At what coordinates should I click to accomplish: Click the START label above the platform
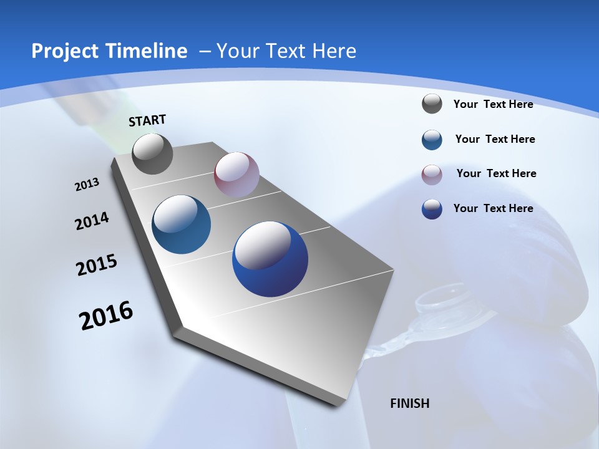pos(147,120)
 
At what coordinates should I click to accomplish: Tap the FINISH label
pos(410,403)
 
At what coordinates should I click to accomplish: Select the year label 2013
pos(87,185)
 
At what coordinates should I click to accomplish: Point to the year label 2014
pos(92,221)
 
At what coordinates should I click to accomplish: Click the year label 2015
pos(97,265)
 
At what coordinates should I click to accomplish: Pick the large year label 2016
pos(106,316)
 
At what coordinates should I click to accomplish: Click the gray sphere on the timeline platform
pos(153,154)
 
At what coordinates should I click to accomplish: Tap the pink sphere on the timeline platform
pos(236,175)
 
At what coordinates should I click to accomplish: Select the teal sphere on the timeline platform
pos(182,224)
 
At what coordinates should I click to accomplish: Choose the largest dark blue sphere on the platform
pos(270,259)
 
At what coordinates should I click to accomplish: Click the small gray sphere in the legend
pos(432,104)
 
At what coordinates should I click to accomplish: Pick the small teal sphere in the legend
pos(432,140)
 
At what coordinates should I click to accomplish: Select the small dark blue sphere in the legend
pos(432,209)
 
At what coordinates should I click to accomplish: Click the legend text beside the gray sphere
pos(493,104)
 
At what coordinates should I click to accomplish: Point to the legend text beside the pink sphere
pos(496,173)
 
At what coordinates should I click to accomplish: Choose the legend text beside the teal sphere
pos(495,139)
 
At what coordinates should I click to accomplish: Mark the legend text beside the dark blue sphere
pos(493,208)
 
